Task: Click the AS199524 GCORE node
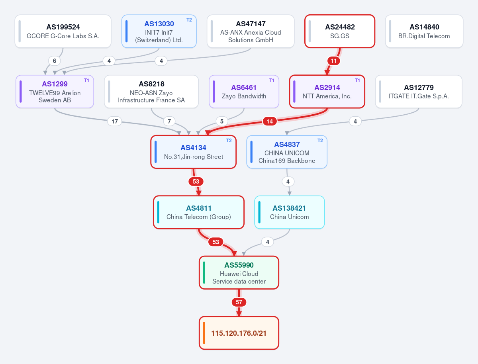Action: click(63, 31)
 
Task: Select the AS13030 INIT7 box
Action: click(159, 31)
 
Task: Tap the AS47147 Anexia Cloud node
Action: click(251, 31)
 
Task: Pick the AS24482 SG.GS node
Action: click(340, 31)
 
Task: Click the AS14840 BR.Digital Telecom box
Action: click(424, 31)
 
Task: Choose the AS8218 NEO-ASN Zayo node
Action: click(151, 92)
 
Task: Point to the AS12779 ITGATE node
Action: click(419, 92)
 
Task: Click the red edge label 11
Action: click(334, 61)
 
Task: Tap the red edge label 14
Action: click(270, 121)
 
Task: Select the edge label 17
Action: click(115, 121)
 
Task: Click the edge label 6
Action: click(55, 61)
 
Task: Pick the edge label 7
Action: click(169, 121)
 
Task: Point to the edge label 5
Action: click(222, 121)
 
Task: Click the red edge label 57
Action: click(239, 302)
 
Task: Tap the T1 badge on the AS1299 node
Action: click(86, 80)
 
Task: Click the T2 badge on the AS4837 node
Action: click(320, 141)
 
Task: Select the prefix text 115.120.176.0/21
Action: click(239, 333)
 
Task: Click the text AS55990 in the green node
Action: click(239, 265)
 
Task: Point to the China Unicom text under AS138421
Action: click(290, 217)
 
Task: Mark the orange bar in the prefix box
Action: click(204, 333)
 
